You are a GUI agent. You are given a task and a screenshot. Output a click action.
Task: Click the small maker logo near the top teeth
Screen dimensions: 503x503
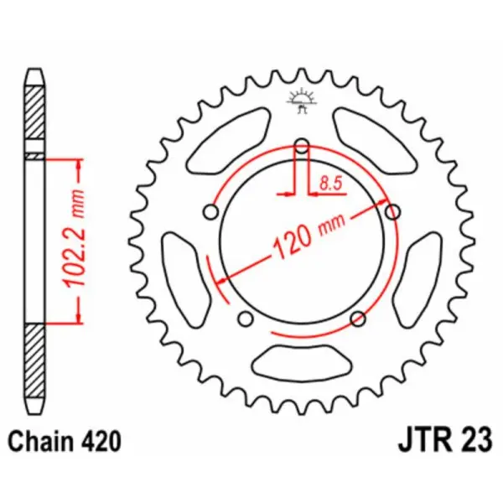[303, 100]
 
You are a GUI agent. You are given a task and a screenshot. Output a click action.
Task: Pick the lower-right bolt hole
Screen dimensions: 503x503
[358, 318]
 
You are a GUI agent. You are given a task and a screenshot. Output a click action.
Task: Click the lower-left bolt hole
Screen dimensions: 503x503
[246, 319]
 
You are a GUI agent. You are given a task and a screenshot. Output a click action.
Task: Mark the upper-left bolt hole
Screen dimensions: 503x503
[213, 211]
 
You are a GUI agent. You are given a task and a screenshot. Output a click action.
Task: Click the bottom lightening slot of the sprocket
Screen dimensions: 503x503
[303, 361]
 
